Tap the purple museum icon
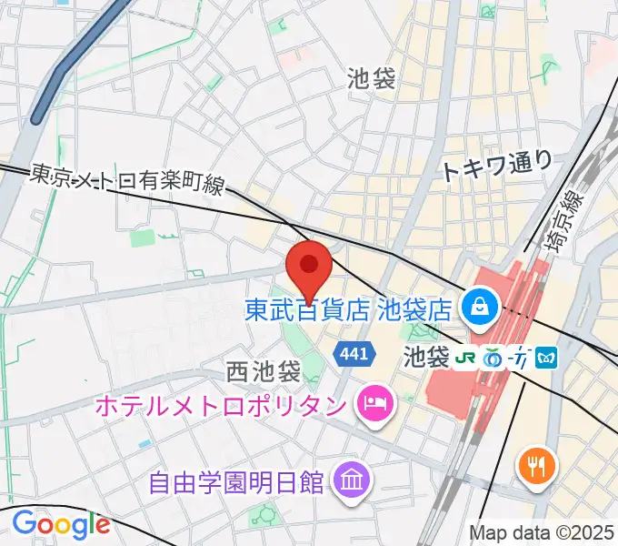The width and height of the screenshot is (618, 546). [348, 477]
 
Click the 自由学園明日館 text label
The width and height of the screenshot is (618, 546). [238, 478]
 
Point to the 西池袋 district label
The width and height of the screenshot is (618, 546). [263, 371]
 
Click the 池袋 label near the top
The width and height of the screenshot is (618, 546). [371, 79]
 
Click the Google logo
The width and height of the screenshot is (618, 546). [60, 523]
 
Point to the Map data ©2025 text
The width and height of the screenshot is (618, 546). [541, 532]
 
